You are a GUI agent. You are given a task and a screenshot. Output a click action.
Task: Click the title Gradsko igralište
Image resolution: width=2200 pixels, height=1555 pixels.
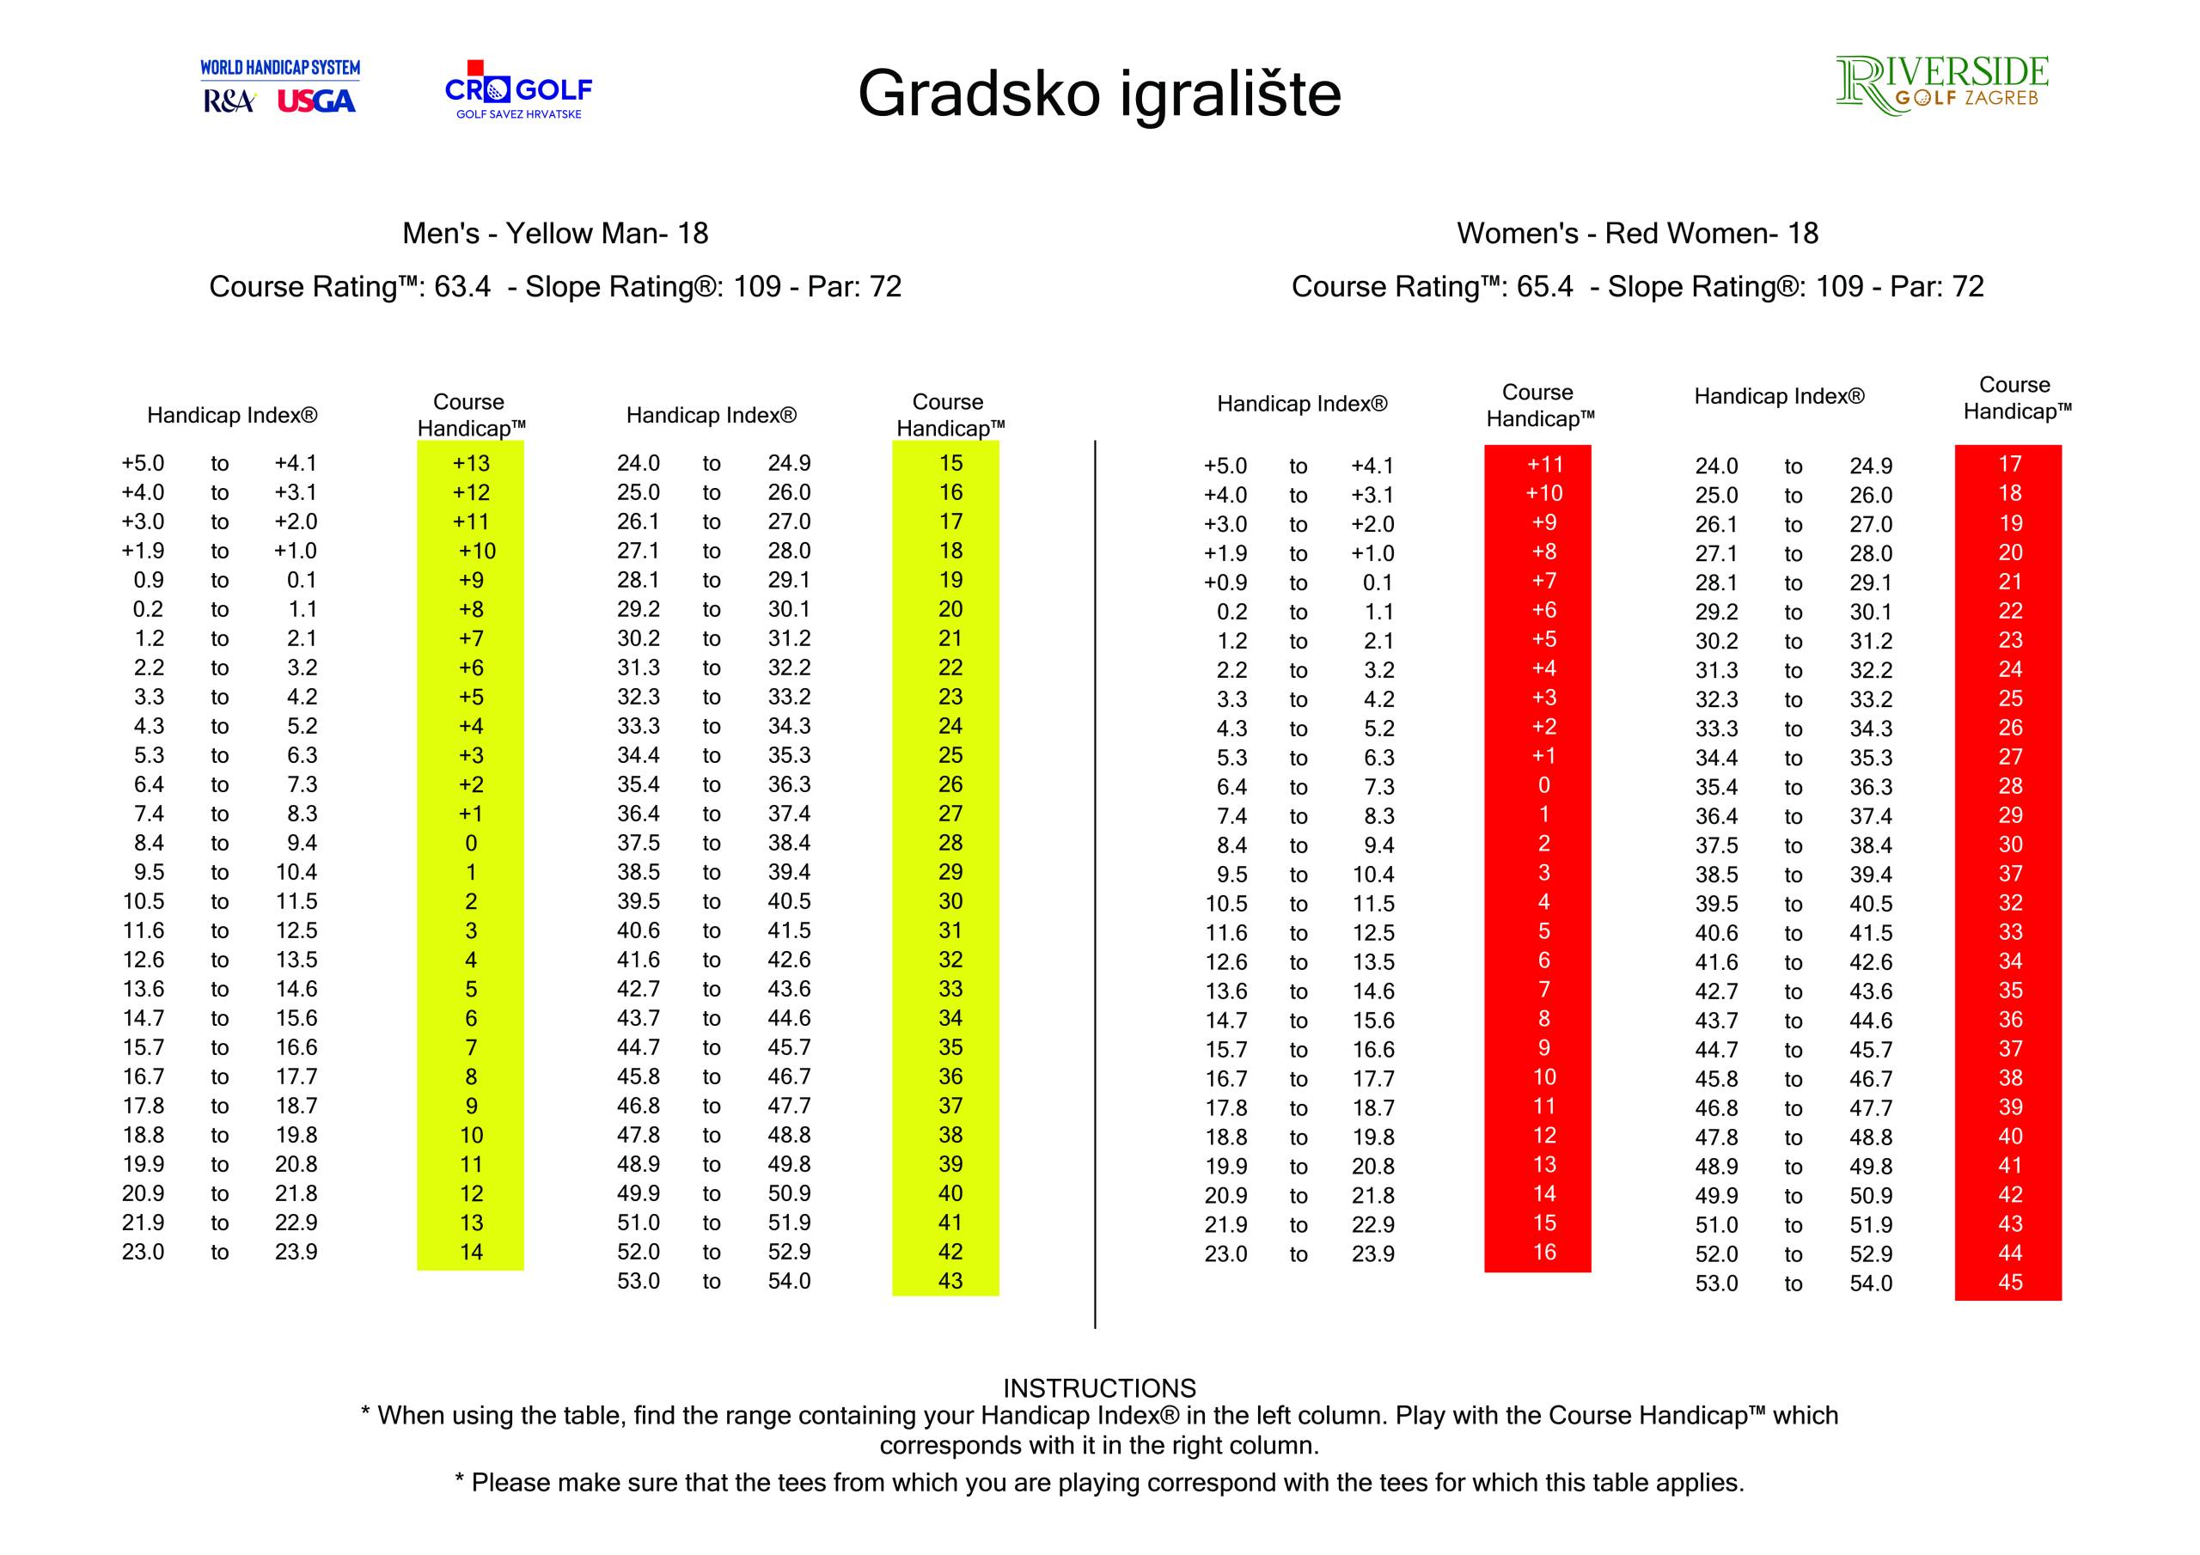point(1099,93)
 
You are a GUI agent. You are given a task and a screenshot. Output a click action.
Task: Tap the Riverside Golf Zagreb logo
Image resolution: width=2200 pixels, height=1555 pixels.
point(1941,86)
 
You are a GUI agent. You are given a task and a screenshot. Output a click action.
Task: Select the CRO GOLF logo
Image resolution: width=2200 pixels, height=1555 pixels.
point(518,91)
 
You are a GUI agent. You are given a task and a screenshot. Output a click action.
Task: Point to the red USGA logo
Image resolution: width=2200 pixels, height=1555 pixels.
point(316,101)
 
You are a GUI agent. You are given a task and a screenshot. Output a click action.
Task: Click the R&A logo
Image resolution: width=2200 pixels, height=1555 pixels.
point(228,101)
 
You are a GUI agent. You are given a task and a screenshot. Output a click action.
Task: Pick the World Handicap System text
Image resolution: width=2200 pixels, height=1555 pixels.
point(280,68)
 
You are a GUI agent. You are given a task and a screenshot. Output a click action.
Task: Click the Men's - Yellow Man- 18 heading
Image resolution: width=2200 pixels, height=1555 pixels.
point(555,233)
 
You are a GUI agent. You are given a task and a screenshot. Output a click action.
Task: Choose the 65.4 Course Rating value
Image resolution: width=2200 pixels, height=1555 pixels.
point(1544,286)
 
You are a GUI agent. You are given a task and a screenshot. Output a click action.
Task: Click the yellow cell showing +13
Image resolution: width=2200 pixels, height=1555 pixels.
point(470,463)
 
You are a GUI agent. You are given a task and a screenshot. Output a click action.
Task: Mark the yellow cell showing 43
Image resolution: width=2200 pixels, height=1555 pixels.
point(950,1281)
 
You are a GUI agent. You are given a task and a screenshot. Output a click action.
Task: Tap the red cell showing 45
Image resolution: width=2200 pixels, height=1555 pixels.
point(2009,1282)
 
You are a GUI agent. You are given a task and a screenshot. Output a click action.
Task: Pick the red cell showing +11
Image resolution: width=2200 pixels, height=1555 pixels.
point(1544,465)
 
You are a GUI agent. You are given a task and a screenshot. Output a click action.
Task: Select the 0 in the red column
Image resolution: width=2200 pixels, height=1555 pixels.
point(1543,785)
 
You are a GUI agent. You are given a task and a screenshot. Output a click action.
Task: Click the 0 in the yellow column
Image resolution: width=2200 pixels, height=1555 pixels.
point(470,843)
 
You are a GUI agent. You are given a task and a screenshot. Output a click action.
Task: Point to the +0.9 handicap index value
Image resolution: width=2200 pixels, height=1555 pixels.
point(1225,582)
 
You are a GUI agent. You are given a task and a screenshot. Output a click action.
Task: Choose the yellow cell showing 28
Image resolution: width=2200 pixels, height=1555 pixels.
point(950,843)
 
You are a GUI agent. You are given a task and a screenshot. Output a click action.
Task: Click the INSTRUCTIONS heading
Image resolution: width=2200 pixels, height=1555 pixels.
point(1099,1388)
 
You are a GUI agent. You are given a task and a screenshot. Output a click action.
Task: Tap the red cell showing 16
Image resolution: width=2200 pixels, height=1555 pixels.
point(1543,1253)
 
